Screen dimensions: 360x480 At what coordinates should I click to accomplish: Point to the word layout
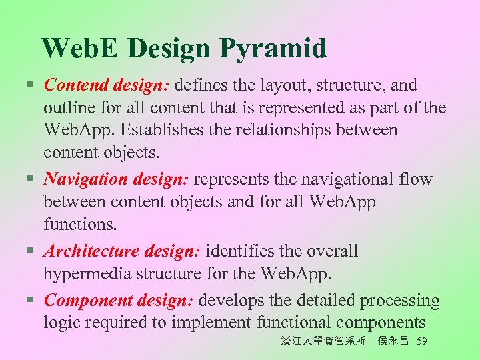(272, 85)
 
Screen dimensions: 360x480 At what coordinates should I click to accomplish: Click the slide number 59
(421, 342)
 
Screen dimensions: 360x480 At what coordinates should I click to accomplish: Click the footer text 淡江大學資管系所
(323, 342)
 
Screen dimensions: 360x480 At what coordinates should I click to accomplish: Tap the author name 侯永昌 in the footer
(393, 342)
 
